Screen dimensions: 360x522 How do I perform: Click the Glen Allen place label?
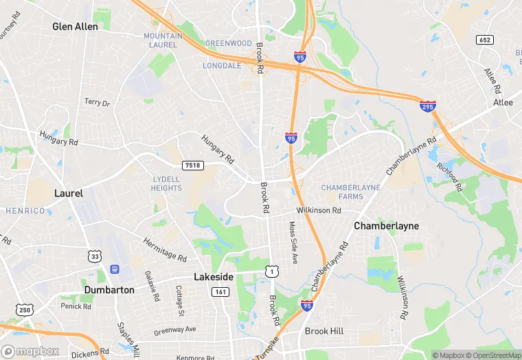[x=76, y=27]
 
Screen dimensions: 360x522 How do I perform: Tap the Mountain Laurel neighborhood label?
[x=163, y=41]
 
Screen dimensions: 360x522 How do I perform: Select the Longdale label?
[x=223, y=66]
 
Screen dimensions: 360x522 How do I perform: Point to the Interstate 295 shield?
[x=427, y=106]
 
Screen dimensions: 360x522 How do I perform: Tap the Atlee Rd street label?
[x=492, y=81]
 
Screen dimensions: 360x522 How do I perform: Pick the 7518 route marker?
[x=193, y=166]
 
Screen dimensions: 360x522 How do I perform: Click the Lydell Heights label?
[x=166, y=183]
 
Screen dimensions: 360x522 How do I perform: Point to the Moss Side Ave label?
[x=293, y=243]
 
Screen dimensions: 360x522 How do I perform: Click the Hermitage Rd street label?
[x=165, y=250]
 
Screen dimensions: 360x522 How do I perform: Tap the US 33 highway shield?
[x=94, y=256]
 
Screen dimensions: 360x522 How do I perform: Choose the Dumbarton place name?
[x=109, y=290]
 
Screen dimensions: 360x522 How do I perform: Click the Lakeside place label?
[x=214, y=277]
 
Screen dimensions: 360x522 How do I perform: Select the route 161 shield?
[x=220, y=292]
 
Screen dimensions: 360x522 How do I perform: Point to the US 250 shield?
[x=26, y=309]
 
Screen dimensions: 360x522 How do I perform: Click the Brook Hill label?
[x=324, y=331]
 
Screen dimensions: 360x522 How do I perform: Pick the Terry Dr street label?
[x=97, y=102]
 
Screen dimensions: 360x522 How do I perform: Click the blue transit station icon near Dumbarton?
[x=114, y=269]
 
